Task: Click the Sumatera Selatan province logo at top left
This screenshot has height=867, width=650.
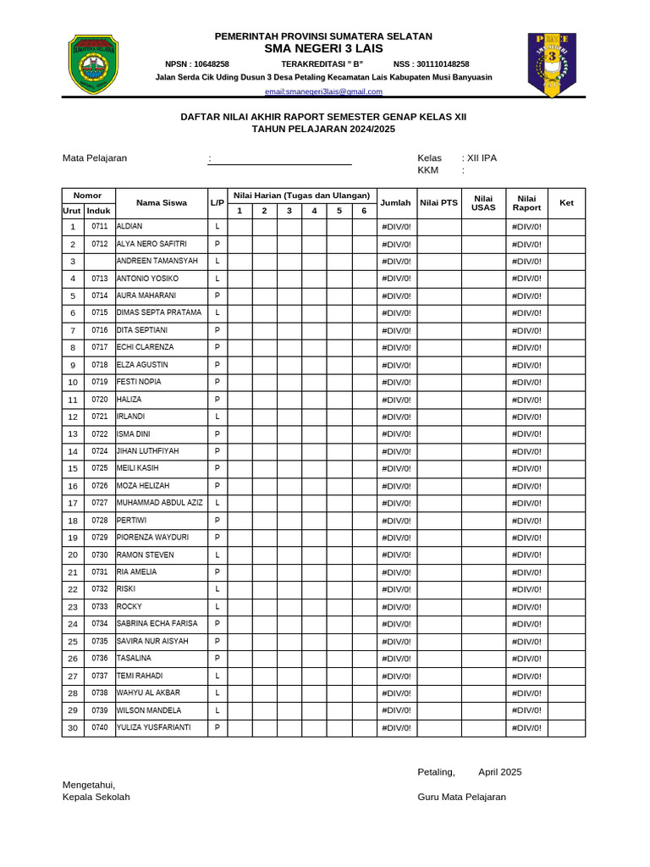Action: click(x=93, y=64)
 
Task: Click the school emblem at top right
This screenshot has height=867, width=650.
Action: click(x=552, y=64)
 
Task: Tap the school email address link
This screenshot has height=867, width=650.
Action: click(x=323, y=91)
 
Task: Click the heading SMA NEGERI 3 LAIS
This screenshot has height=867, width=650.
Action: click(x=323, y=49)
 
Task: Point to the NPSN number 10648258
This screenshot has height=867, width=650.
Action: click(x=197, y=64)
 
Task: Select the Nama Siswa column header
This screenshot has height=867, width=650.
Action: click(x=162, y=203)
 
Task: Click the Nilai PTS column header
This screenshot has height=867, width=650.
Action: click(x=438, y=203)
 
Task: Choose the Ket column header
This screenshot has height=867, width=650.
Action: click(x=566, y=203)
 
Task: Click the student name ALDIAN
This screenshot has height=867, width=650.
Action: click(x=130, y=227)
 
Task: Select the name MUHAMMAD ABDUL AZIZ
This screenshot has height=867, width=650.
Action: click(x=160, y=503)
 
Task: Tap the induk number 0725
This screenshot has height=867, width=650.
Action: click(x=100, y=468)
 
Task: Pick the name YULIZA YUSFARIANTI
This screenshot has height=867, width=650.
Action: click(x=154, y=727)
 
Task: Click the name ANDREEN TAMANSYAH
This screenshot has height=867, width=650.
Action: click(x=157, y=261)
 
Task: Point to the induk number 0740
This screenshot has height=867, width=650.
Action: click(x=100, y=727)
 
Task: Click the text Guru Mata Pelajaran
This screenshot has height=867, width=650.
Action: click(x=461, y=797)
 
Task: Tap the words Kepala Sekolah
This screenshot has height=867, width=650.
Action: click(x=96, y=797)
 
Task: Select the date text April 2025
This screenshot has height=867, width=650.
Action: click(x=499, y=772)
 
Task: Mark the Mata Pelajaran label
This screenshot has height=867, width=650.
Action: click(x=95, y=158)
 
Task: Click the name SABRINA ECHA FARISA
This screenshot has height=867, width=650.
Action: click(x=157, y=624)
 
